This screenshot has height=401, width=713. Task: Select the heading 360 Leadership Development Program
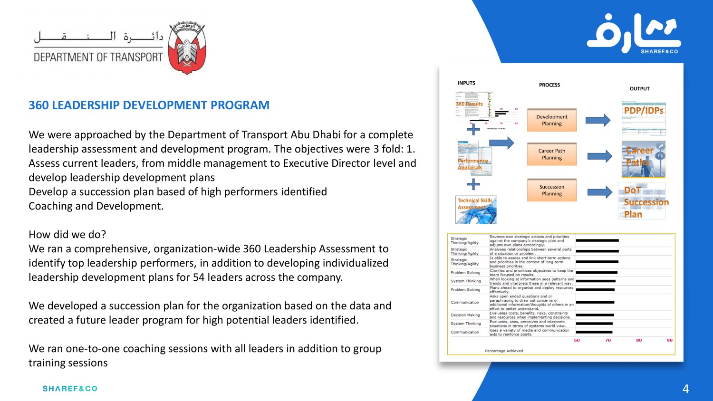[x=149, y=105]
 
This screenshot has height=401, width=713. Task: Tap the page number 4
[x=685, y=389]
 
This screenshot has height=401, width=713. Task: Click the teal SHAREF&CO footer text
[x=70, y=389]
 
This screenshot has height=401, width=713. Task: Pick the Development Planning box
[x=551, y=120]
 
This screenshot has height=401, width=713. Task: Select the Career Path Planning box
[x=551, y=154]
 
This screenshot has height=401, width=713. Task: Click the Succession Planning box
[x=551, y=190]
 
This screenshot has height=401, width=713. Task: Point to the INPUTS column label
[x=466, y=83]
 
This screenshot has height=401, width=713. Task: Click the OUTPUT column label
[x=639, y=89]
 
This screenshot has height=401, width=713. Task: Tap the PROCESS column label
[x=549, y=85]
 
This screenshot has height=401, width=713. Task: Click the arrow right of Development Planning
[x=597, y=120]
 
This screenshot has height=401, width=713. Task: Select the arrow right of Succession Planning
[x=599, y=192]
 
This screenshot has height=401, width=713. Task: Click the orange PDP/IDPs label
[x=644, y=111]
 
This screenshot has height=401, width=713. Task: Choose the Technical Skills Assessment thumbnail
[x=476, y=210]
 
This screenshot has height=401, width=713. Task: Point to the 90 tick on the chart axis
[x=669, y=340]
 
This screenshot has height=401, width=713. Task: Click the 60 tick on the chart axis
[x=577, y=340]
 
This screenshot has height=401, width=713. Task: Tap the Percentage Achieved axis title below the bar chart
[x=503, y=351]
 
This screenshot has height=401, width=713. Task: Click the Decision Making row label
[x=465, y=315]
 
